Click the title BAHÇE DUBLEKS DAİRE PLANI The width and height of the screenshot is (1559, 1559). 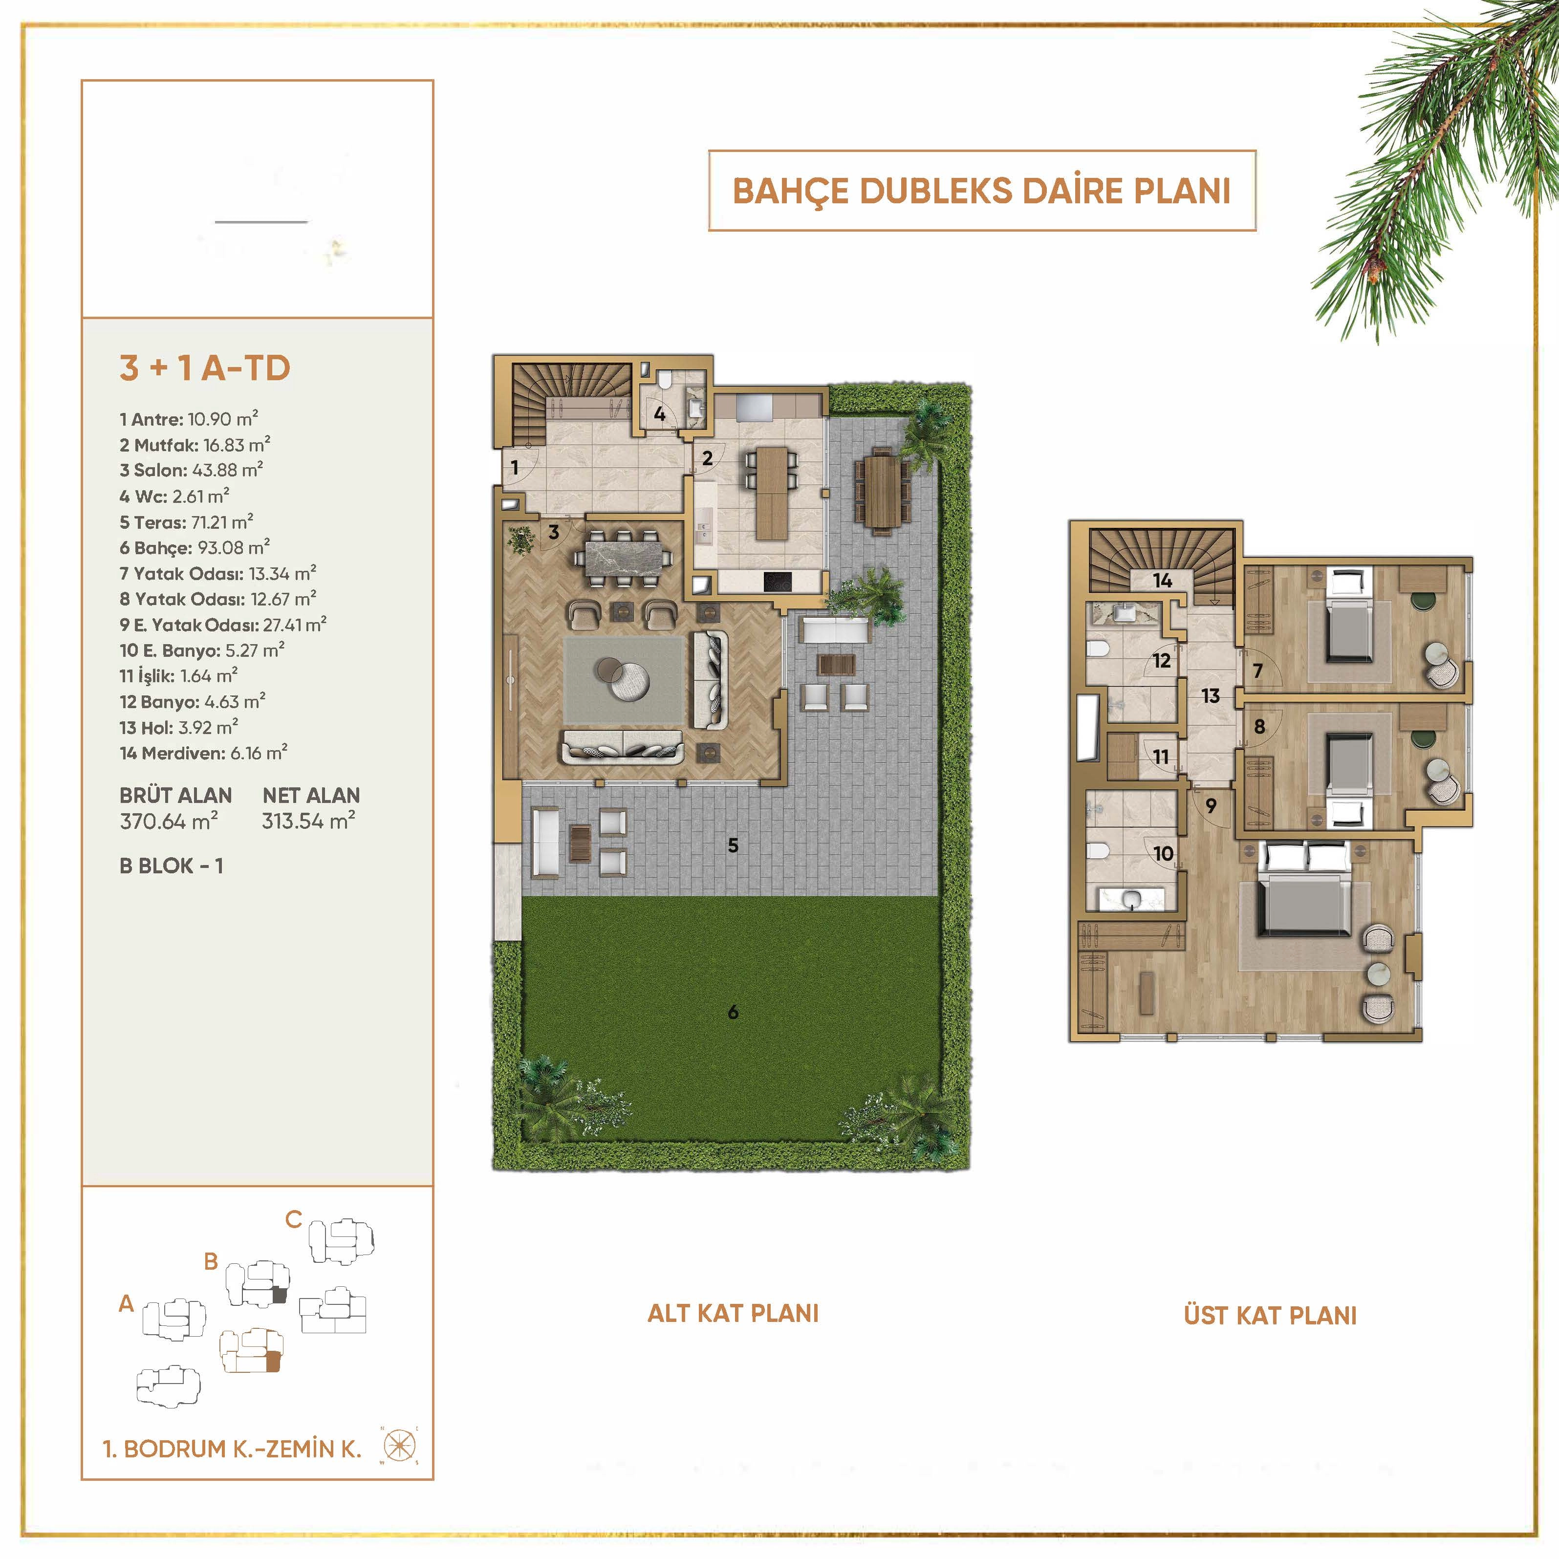click(981, 191)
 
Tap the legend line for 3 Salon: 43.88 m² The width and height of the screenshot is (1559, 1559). click(191, 470)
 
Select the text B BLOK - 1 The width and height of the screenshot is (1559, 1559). click(171, 866)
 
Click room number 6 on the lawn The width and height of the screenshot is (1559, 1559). click(733, 1012)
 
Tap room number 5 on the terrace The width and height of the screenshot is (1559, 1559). click(733, 845)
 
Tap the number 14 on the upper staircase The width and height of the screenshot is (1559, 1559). click(1162, 580)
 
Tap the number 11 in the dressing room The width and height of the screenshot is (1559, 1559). click(1160, 756)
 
